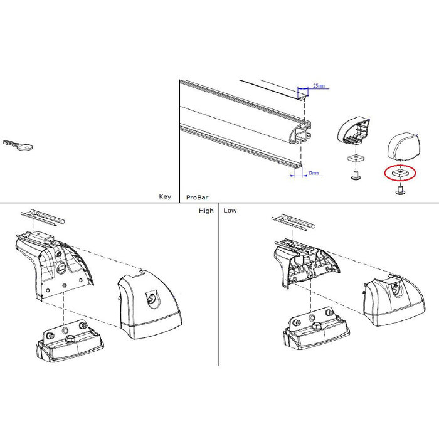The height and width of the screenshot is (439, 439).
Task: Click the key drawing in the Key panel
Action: pyautogui.click(x=18, y=145)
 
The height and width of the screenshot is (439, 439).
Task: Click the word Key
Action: pyautogui.click(x=164, y=196)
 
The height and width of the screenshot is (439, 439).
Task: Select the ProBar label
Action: pyautogui.click(x=194, y=197)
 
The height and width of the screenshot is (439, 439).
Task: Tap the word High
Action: pyautogui.click(x=206, y=211)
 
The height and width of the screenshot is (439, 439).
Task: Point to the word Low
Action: pyautogui.click(x=230, y=211)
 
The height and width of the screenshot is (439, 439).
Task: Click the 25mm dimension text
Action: pyautogui.click(x=319, y=87)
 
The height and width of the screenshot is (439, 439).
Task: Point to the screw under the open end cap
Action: pyautogui.click(x=355, y=176)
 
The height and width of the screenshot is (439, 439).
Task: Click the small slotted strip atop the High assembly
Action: pyautogui.click(x=43, y=216)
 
